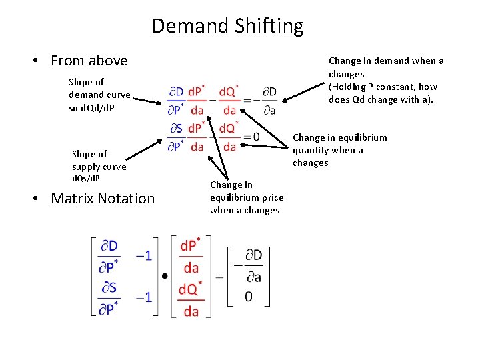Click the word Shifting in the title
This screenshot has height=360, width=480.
(269, 26)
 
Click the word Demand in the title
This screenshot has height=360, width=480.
(190, 26)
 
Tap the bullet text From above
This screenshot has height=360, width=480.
(89, 61)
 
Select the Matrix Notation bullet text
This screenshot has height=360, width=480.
(103, 198)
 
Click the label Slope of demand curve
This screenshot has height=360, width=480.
(99, 95)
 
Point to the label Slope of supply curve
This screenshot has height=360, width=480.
(99, 166)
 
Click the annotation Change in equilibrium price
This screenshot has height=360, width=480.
(247, 197)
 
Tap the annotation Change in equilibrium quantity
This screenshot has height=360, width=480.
(339, 150)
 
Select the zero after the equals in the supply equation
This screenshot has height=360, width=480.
(256, 137)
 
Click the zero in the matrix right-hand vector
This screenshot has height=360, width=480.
(248, 295)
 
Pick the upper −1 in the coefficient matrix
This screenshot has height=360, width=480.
(143, 256)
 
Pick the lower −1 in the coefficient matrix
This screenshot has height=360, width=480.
(143, 296)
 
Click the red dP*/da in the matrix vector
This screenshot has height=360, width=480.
(191, 257)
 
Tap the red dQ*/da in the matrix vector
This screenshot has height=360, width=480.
(191, 299)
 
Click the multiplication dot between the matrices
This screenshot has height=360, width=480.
(164, 275)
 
